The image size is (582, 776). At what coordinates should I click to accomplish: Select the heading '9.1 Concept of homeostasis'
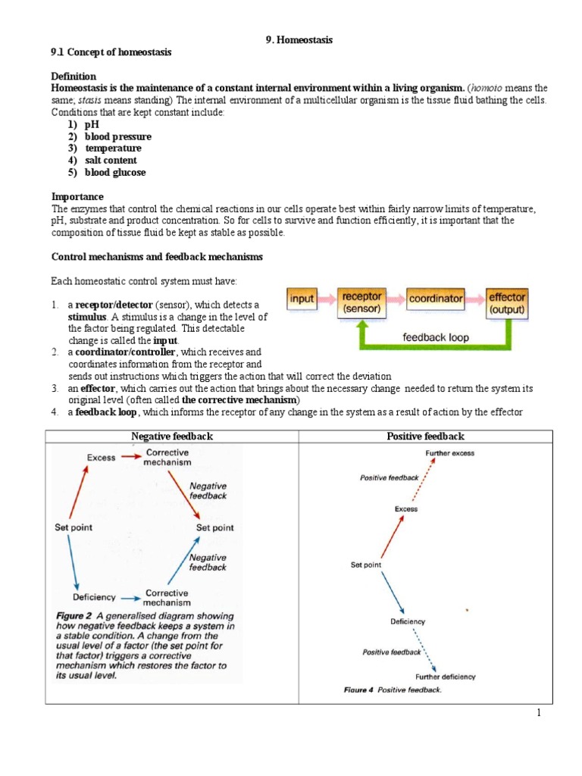tap(111, 52)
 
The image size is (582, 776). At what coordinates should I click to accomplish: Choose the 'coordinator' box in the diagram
tap(436, 299)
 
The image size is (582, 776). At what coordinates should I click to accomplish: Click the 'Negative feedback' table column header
tap(172, 436)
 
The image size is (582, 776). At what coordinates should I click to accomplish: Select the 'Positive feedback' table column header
tap(425, 436)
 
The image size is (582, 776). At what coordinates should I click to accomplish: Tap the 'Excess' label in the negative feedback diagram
tap(101, 457)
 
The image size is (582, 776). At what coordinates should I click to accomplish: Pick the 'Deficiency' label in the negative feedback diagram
tap(94, 597)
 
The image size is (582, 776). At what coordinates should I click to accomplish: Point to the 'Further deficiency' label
tap(446, 676)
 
